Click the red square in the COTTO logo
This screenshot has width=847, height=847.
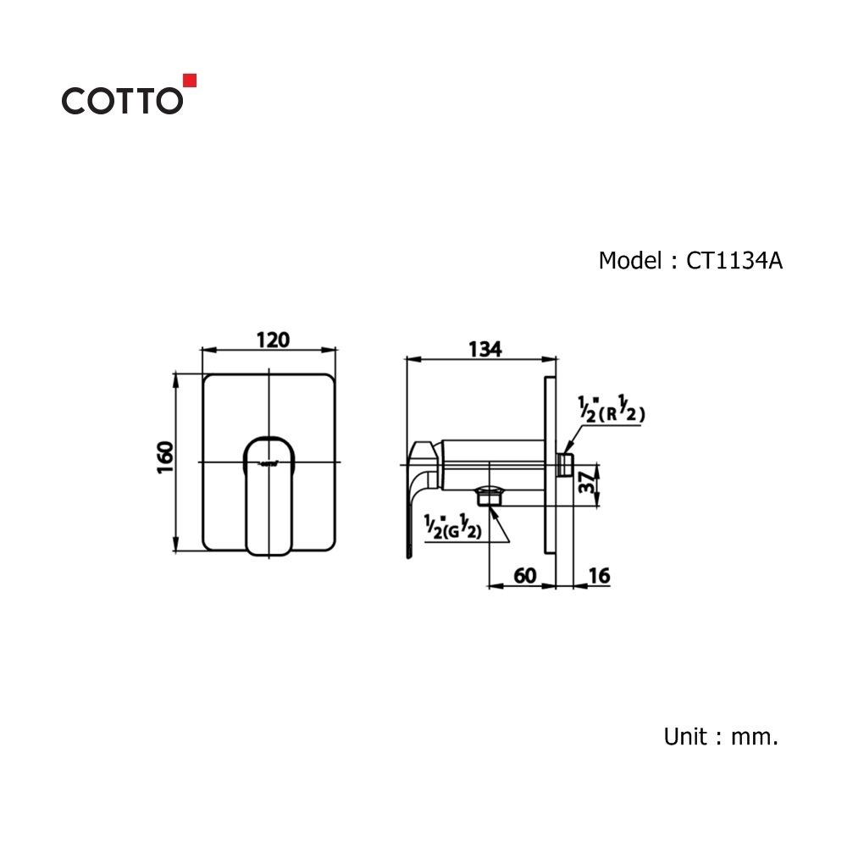point(191,80)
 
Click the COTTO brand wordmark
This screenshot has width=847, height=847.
point(121,101)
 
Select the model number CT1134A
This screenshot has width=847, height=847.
point(734,261)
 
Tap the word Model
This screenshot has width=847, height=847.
point(627,261)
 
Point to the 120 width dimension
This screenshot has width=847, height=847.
point(273,340)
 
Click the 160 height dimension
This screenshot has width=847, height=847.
point(166,457)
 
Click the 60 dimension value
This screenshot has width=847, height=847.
point(524,575)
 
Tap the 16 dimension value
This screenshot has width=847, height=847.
point(598,575)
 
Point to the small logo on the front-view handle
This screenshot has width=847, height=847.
point(269,462)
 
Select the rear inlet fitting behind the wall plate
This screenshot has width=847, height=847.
point(566,463)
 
